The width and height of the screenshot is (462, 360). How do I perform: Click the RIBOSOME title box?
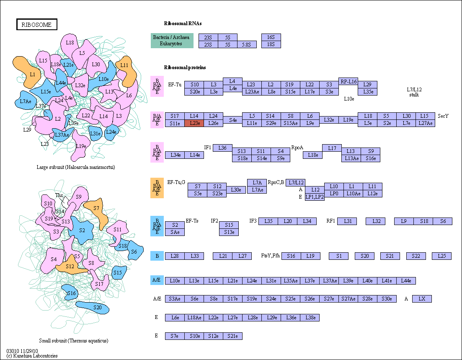pos(36,24)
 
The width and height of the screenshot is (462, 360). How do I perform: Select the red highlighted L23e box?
pos(194,123)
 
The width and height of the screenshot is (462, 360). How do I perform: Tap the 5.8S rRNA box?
pos(247,44)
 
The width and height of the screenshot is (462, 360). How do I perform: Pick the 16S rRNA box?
pos(271,37)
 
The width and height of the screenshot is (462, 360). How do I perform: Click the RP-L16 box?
pos(348,81)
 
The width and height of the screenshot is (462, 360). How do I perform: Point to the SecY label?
pos(443,116)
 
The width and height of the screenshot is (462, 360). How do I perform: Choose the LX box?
pos(422,299)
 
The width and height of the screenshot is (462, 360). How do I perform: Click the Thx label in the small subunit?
pos(59,195)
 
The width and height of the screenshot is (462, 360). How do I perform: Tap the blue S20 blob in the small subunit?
pos(93,308)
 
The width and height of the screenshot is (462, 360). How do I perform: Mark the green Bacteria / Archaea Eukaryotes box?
pos(172,41)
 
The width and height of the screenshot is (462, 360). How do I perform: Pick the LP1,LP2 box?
pos(315,197)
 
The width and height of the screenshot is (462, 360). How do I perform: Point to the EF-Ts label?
pos(192,221)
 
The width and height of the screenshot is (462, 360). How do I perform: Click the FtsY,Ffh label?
pos(271,256)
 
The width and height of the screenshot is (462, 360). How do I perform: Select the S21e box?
pos(233,336)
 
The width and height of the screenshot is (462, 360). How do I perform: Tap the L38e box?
pos(310,318)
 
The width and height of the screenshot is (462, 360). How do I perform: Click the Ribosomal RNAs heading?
pos(183,23)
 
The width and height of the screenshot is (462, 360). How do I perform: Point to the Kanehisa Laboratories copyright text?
pos(32,356)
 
